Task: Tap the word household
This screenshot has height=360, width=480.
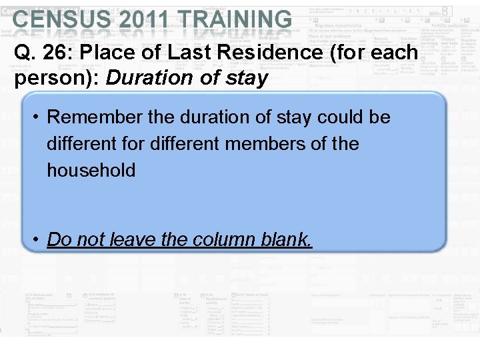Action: click(x=91, y=170)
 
